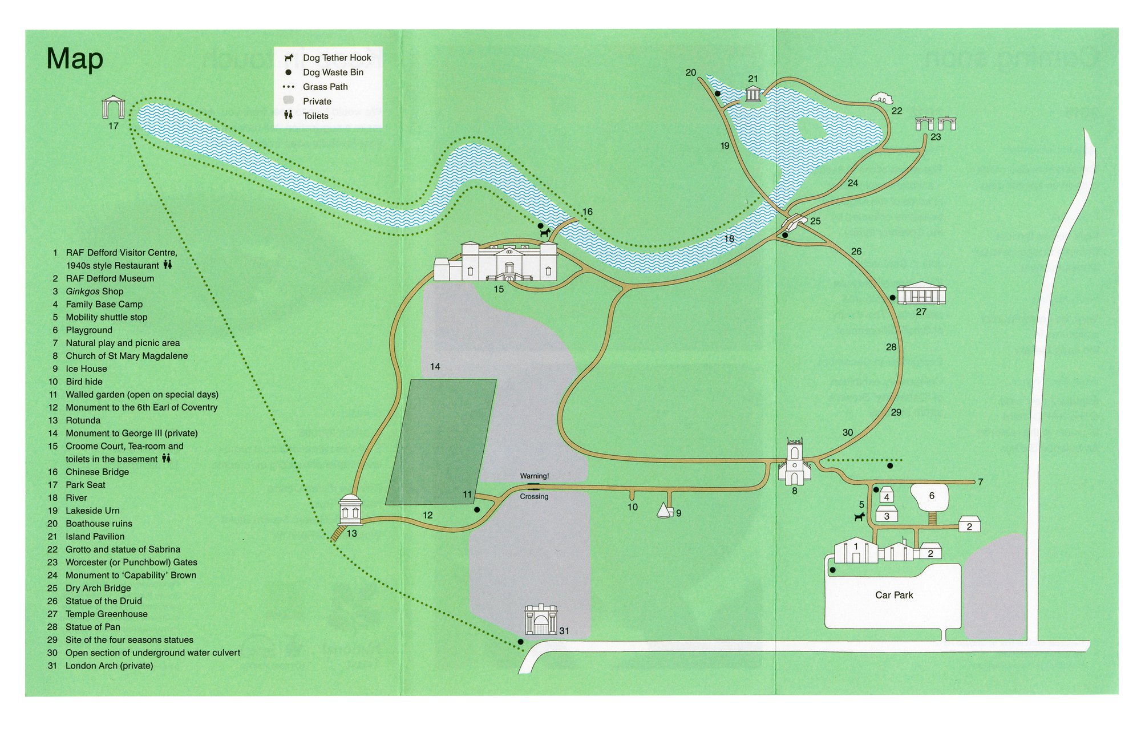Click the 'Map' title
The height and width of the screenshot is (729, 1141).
[x=75, y=59]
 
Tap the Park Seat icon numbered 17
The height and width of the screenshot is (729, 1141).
[x=113, y=107]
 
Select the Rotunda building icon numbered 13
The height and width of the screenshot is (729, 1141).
[x=350, y=510]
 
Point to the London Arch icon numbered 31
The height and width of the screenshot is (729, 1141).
[x=541, y=619]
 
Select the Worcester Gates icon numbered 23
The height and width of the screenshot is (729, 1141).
[x=935, y=123]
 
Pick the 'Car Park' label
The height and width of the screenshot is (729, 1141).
[x=894, y=595]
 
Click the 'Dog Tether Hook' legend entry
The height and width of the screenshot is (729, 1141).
[x=337, y=58]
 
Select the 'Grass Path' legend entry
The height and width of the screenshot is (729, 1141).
[x=325, y=87]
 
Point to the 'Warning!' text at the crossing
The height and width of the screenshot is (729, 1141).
[x=534, y=476]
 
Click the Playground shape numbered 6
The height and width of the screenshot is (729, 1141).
[x=930, y=497]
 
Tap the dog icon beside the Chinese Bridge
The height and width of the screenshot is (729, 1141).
[x=545, y=233]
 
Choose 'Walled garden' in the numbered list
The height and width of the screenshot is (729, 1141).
[x=141, y=394]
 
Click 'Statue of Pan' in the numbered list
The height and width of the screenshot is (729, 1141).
[x=92, y=627]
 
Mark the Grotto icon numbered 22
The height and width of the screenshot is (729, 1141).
[x=882, y=98]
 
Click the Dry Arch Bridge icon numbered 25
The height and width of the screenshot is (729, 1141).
[x=795, y=221]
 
